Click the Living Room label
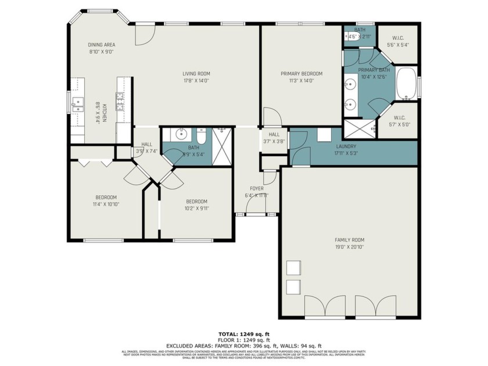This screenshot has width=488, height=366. (x=196, y=74)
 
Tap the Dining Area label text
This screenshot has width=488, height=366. (x=101, y=45)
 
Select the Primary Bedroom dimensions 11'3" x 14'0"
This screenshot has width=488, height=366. (x=301, y=81)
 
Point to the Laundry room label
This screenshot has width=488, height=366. (x=346, y=147)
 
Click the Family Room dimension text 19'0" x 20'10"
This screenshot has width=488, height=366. (x=349, y=247)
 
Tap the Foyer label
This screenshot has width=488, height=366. (x=256, y=189)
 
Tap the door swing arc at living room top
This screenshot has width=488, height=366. (x=145, y=35)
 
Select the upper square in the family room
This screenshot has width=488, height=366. (x=294, y=268)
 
